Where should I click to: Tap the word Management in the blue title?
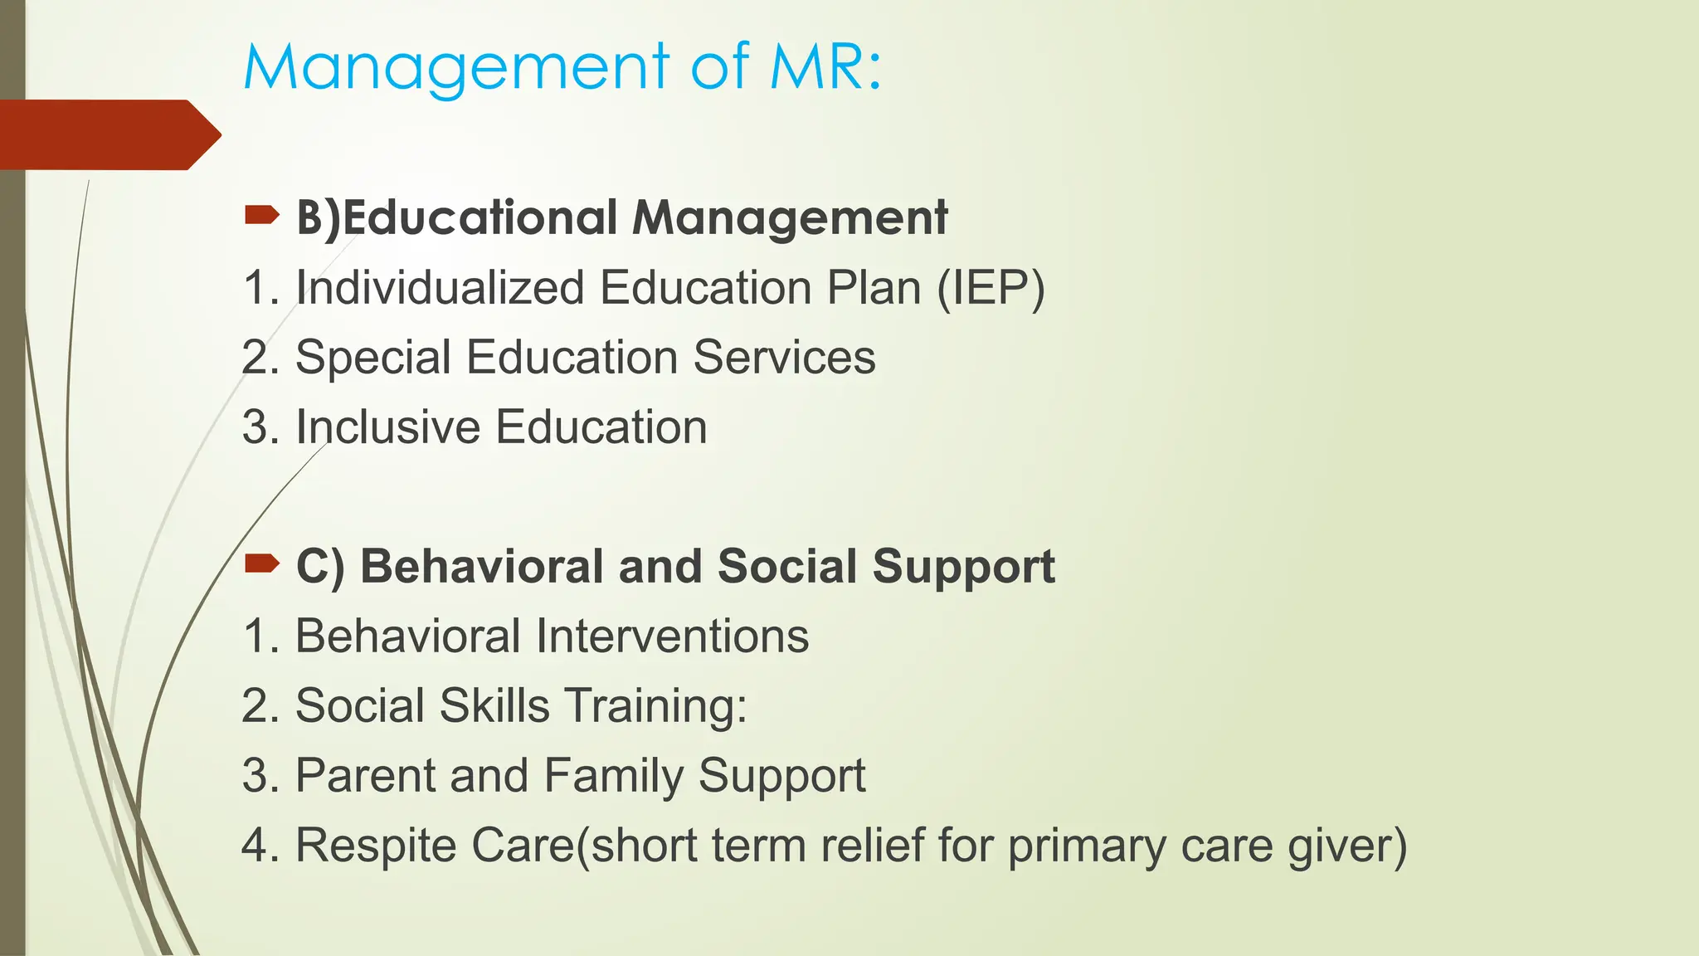pos(456,68)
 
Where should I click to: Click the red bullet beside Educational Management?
pos(262,217)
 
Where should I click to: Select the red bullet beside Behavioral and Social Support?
pos(262,565)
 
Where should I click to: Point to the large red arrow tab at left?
pos(108,134)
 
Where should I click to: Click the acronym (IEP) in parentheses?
pos(991,289)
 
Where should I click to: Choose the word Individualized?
pos(440,288)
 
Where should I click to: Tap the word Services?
pos(784,358)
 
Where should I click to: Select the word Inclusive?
pos(387,427)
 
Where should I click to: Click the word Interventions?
pos(672,637)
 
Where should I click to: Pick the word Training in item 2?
pos(655,706)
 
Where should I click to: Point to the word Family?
pos(613,776)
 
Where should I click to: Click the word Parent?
pos(365,776)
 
